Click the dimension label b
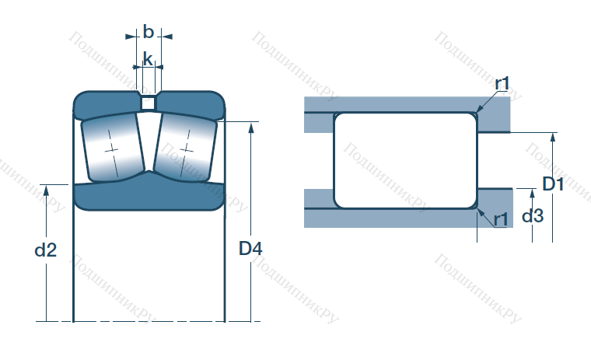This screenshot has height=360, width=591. (x=149, y=32)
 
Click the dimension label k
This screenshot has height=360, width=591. (x=148, y=59)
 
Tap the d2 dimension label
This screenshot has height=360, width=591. (x=46, y=250)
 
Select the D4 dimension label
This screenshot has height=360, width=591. (x=250, y=248)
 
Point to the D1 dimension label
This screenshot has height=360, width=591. (x=553, y=184)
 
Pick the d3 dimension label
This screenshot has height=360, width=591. (x=533, y=215)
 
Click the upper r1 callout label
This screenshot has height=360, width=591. (x=502, y=83)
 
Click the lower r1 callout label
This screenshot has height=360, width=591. (x=501, y=219)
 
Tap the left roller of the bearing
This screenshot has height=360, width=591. (x=113, y=149)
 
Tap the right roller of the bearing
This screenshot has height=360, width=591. (x=185, y=149)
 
